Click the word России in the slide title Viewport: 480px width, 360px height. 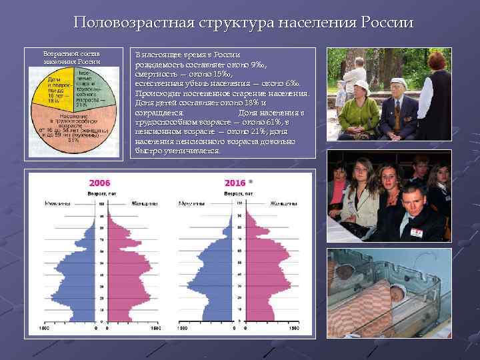pos(387,23)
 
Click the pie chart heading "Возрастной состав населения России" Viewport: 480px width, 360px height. pos(71,57)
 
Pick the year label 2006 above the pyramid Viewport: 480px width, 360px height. pos(100,183)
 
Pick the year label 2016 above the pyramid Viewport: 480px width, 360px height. pos(235,183)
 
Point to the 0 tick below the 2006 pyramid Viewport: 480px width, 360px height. pos(97,328)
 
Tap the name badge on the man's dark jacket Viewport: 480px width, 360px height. pos(417,232)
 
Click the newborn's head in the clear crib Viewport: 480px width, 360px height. pos(397,291)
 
